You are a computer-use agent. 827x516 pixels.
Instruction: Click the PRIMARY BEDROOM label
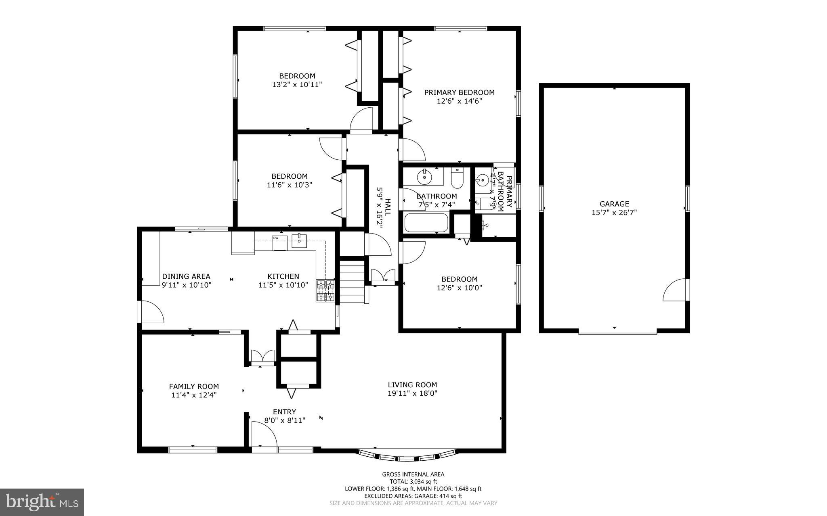click(x=459, y=92)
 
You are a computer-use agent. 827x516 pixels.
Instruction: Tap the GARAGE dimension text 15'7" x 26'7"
click(x=614, y=213)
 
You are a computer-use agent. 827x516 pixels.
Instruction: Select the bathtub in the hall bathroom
click(x=426, y=223)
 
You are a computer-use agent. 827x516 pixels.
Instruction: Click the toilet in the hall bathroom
click(x=457, y=179)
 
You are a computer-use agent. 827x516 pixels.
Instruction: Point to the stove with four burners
click(x=325, y=291)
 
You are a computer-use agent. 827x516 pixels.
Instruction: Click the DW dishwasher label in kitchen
click(x=276, y=238)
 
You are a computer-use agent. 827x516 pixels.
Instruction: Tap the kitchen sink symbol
click(x=299, y=240)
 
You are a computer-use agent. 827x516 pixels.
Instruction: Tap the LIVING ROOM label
click(x=412, y=385)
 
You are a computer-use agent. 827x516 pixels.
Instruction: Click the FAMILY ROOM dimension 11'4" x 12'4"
click(x=194, y=395)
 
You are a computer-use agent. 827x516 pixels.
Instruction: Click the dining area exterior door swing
click(x=151, y=311)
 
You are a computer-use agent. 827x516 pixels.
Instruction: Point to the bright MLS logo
click(x=42, y=502)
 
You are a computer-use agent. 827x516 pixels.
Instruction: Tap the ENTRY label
click(x=284, y=412)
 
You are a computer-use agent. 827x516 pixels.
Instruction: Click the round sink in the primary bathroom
click(x=482, y=179)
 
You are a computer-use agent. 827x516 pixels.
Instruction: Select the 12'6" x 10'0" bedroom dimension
click(x=459, y=288)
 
